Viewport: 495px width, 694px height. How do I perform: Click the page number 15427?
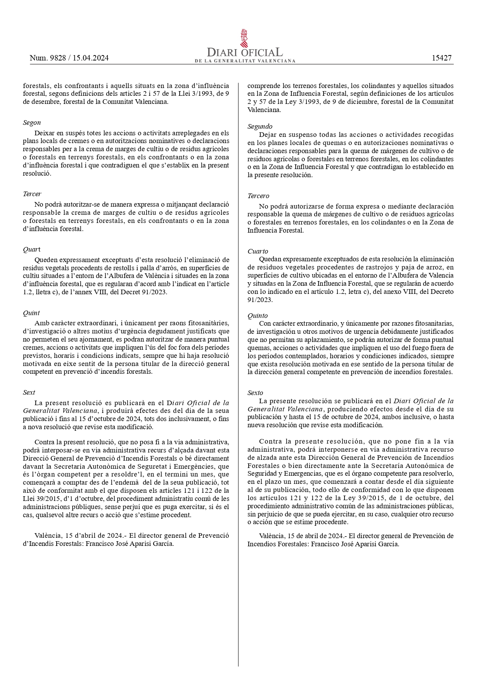(442, 58)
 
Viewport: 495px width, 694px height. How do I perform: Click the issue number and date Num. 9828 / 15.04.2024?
(69, 58)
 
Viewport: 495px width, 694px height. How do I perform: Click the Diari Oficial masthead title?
(245, 53)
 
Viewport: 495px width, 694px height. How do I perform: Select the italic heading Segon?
(32, 123)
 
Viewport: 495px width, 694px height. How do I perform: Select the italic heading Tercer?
(32, 194)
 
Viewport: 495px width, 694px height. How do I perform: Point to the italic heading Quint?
(31, 313)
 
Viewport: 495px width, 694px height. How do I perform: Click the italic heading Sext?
(29, 392)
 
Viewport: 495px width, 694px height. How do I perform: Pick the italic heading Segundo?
(260, 126)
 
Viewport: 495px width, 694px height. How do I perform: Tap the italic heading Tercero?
(258, 196)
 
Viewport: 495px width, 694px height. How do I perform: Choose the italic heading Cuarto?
(258, 251)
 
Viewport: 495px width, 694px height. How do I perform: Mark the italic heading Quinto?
(258, 316)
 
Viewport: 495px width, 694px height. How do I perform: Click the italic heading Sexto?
(255, 393)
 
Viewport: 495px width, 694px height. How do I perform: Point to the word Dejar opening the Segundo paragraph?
(268, 135)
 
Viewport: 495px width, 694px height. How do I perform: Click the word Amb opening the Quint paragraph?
(41, 323)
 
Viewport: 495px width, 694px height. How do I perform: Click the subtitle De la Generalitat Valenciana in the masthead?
(245, 61)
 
